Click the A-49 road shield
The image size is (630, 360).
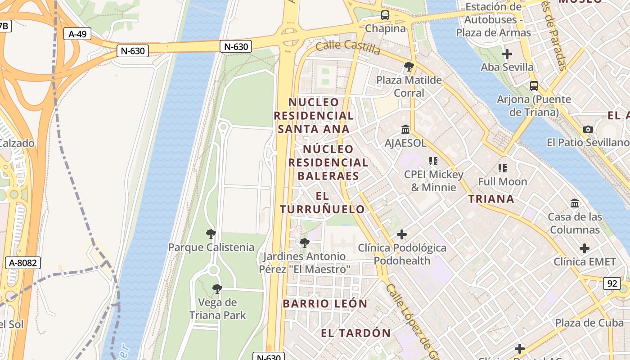pos(77,34)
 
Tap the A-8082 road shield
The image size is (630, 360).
pos(23,263)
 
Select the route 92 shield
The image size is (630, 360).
pos(612,283)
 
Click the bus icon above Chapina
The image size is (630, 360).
pos(385,15)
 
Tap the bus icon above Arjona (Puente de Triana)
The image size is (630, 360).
pos(534,85)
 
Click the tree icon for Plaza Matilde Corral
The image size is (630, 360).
pos(409,67)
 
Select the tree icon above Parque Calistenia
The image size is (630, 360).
pos(211,234)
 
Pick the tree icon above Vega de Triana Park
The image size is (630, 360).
pos(217,289)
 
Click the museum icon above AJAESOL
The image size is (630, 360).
pos(405,130)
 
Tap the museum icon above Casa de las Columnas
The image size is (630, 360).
pos(575,203)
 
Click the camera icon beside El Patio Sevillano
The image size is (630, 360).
pos(588,130)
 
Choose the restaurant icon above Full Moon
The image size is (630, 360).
pos(503,168)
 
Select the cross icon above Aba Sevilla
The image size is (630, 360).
pos(507,54)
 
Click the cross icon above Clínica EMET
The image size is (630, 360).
pos(585,248)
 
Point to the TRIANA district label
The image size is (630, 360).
pos(491,199)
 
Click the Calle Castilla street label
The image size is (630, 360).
pos(348,46)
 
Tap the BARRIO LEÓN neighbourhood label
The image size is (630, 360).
pos(325,304)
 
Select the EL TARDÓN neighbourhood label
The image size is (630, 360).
pos(355,333)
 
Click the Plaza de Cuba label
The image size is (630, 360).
pos(589,323)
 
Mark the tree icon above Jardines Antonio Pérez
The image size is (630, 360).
pos(305,243)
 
